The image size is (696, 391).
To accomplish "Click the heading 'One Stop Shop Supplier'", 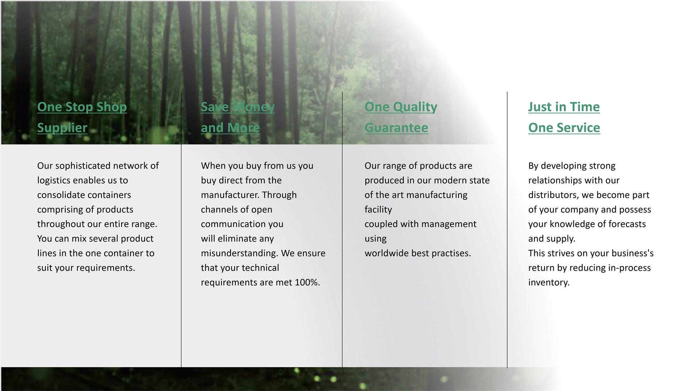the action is pos(82,117).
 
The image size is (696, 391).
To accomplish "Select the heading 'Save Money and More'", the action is pos(238,117).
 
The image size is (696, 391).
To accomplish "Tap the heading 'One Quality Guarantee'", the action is pos(401,117).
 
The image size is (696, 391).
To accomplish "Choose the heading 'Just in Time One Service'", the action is pos(564,117).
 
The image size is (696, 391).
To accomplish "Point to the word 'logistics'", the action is pos(53,181).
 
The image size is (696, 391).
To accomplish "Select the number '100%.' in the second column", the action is pos(307,282).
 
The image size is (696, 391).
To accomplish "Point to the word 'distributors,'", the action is pos(554,195).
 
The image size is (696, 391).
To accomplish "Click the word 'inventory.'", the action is pos(549,283).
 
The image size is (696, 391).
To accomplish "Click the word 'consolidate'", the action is pos(60,195).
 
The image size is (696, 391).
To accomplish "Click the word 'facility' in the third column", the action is pos(378,210).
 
